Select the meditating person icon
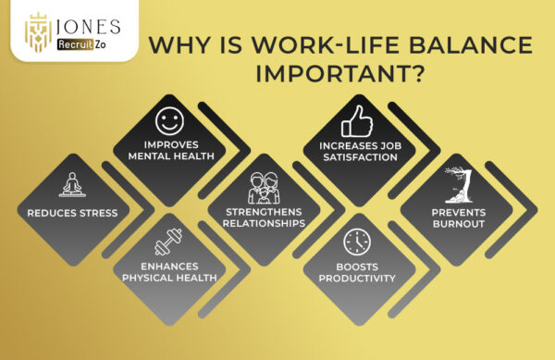pos(72,184)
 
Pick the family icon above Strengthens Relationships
pos(262,189)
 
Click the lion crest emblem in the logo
pos(37,32)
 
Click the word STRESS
pos(97,213)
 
